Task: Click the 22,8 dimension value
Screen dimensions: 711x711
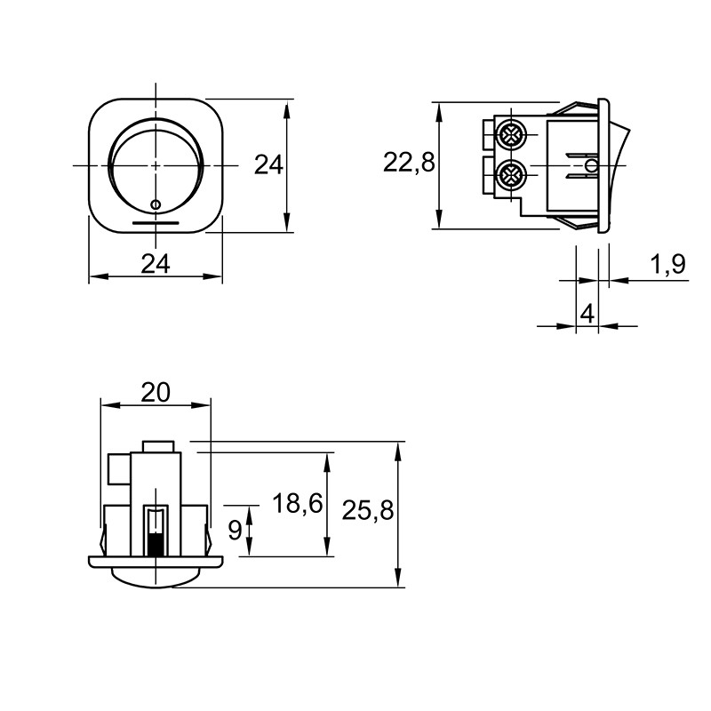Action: [409, 163]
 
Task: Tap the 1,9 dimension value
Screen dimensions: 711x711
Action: [668, 264]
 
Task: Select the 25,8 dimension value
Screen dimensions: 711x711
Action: [368, 510]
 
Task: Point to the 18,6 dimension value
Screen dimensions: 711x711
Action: [298, 503]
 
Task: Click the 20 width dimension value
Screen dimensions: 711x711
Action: [155, 392]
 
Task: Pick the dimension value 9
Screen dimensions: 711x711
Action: [235, 530]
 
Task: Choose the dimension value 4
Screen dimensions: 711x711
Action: [587, 314]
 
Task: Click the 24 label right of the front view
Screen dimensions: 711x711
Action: [268, 164]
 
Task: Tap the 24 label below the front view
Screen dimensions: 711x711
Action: [155, 264]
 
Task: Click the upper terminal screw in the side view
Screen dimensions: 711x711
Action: [512, 134]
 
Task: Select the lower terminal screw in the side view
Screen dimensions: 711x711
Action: [512, 174]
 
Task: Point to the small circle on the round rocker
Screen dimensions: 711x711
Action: [155, 205]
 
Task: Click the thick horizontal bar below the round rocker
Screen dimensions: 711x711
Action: [156, 223]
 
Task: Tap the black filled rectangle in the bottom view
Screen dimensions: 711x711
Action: [155, 545]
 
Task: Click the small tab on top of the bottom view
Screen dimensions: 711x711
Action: [158, 446]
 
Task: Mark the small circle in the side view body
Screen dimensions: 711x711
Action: [591, 165]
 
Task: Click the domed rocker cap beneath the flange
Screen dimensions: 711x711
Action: [156, 577]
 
